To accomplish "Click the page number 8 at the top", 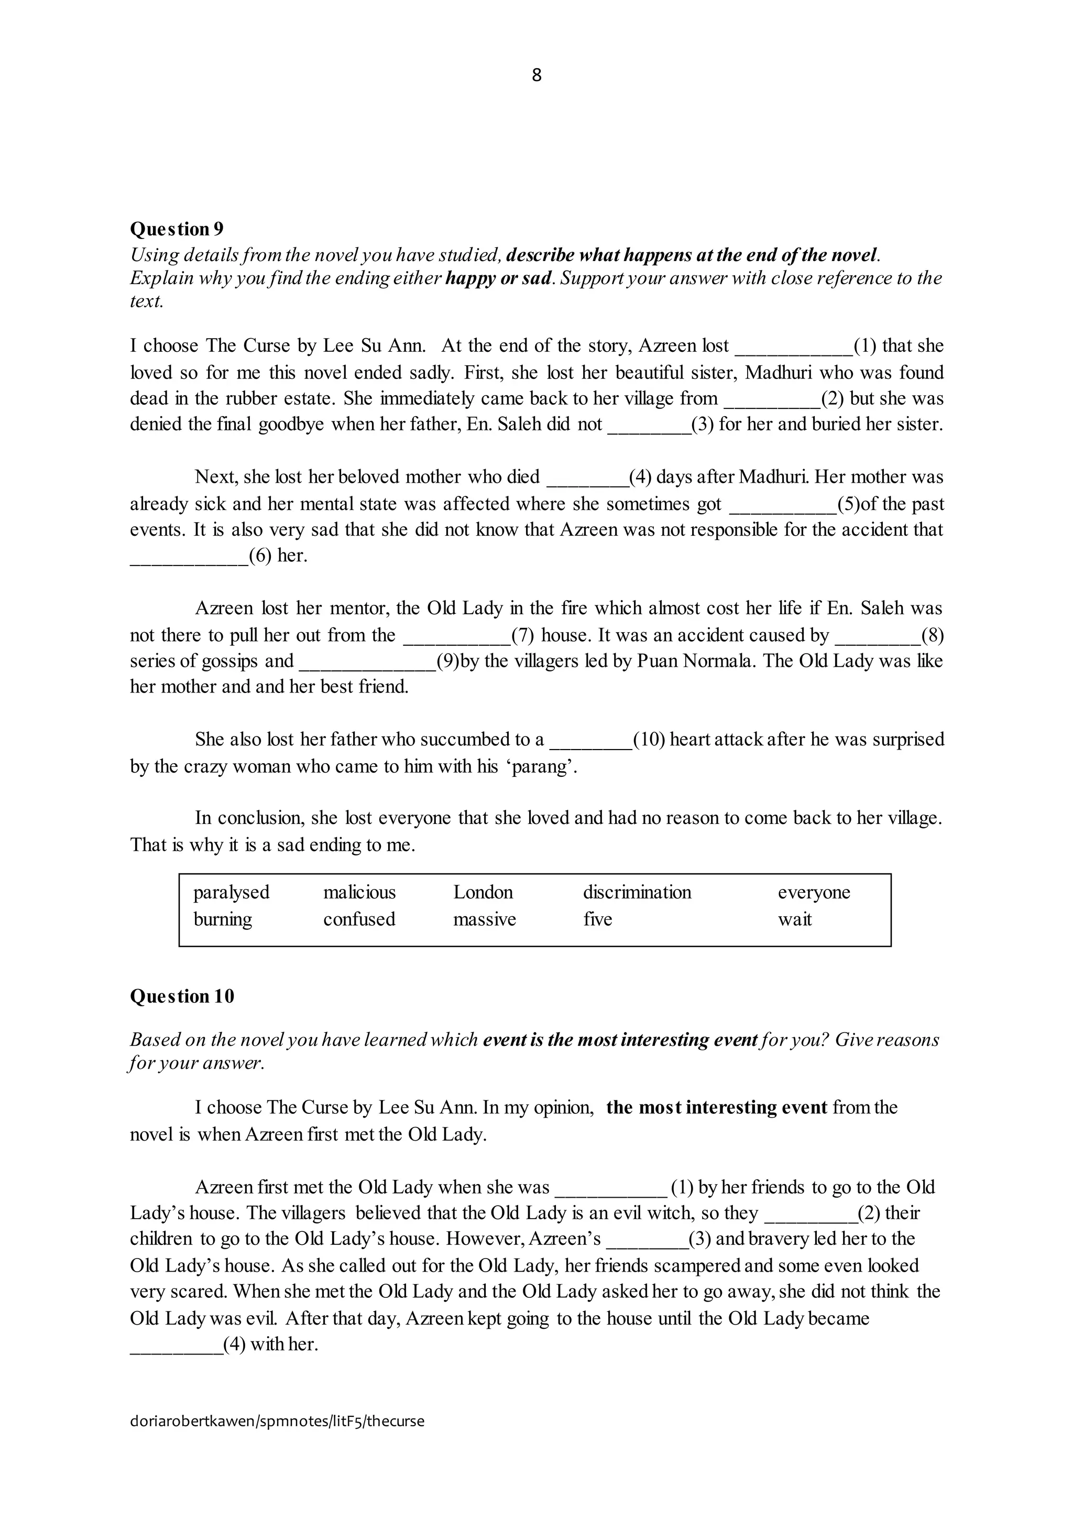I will pos(536,75).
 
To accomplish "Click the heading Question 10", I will pos(182,996).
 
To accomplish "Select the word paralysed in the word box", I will pos(231,893).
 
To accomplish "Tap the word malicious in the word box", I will pos(359,893).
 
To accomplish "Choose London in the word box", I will pos(483,893).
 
